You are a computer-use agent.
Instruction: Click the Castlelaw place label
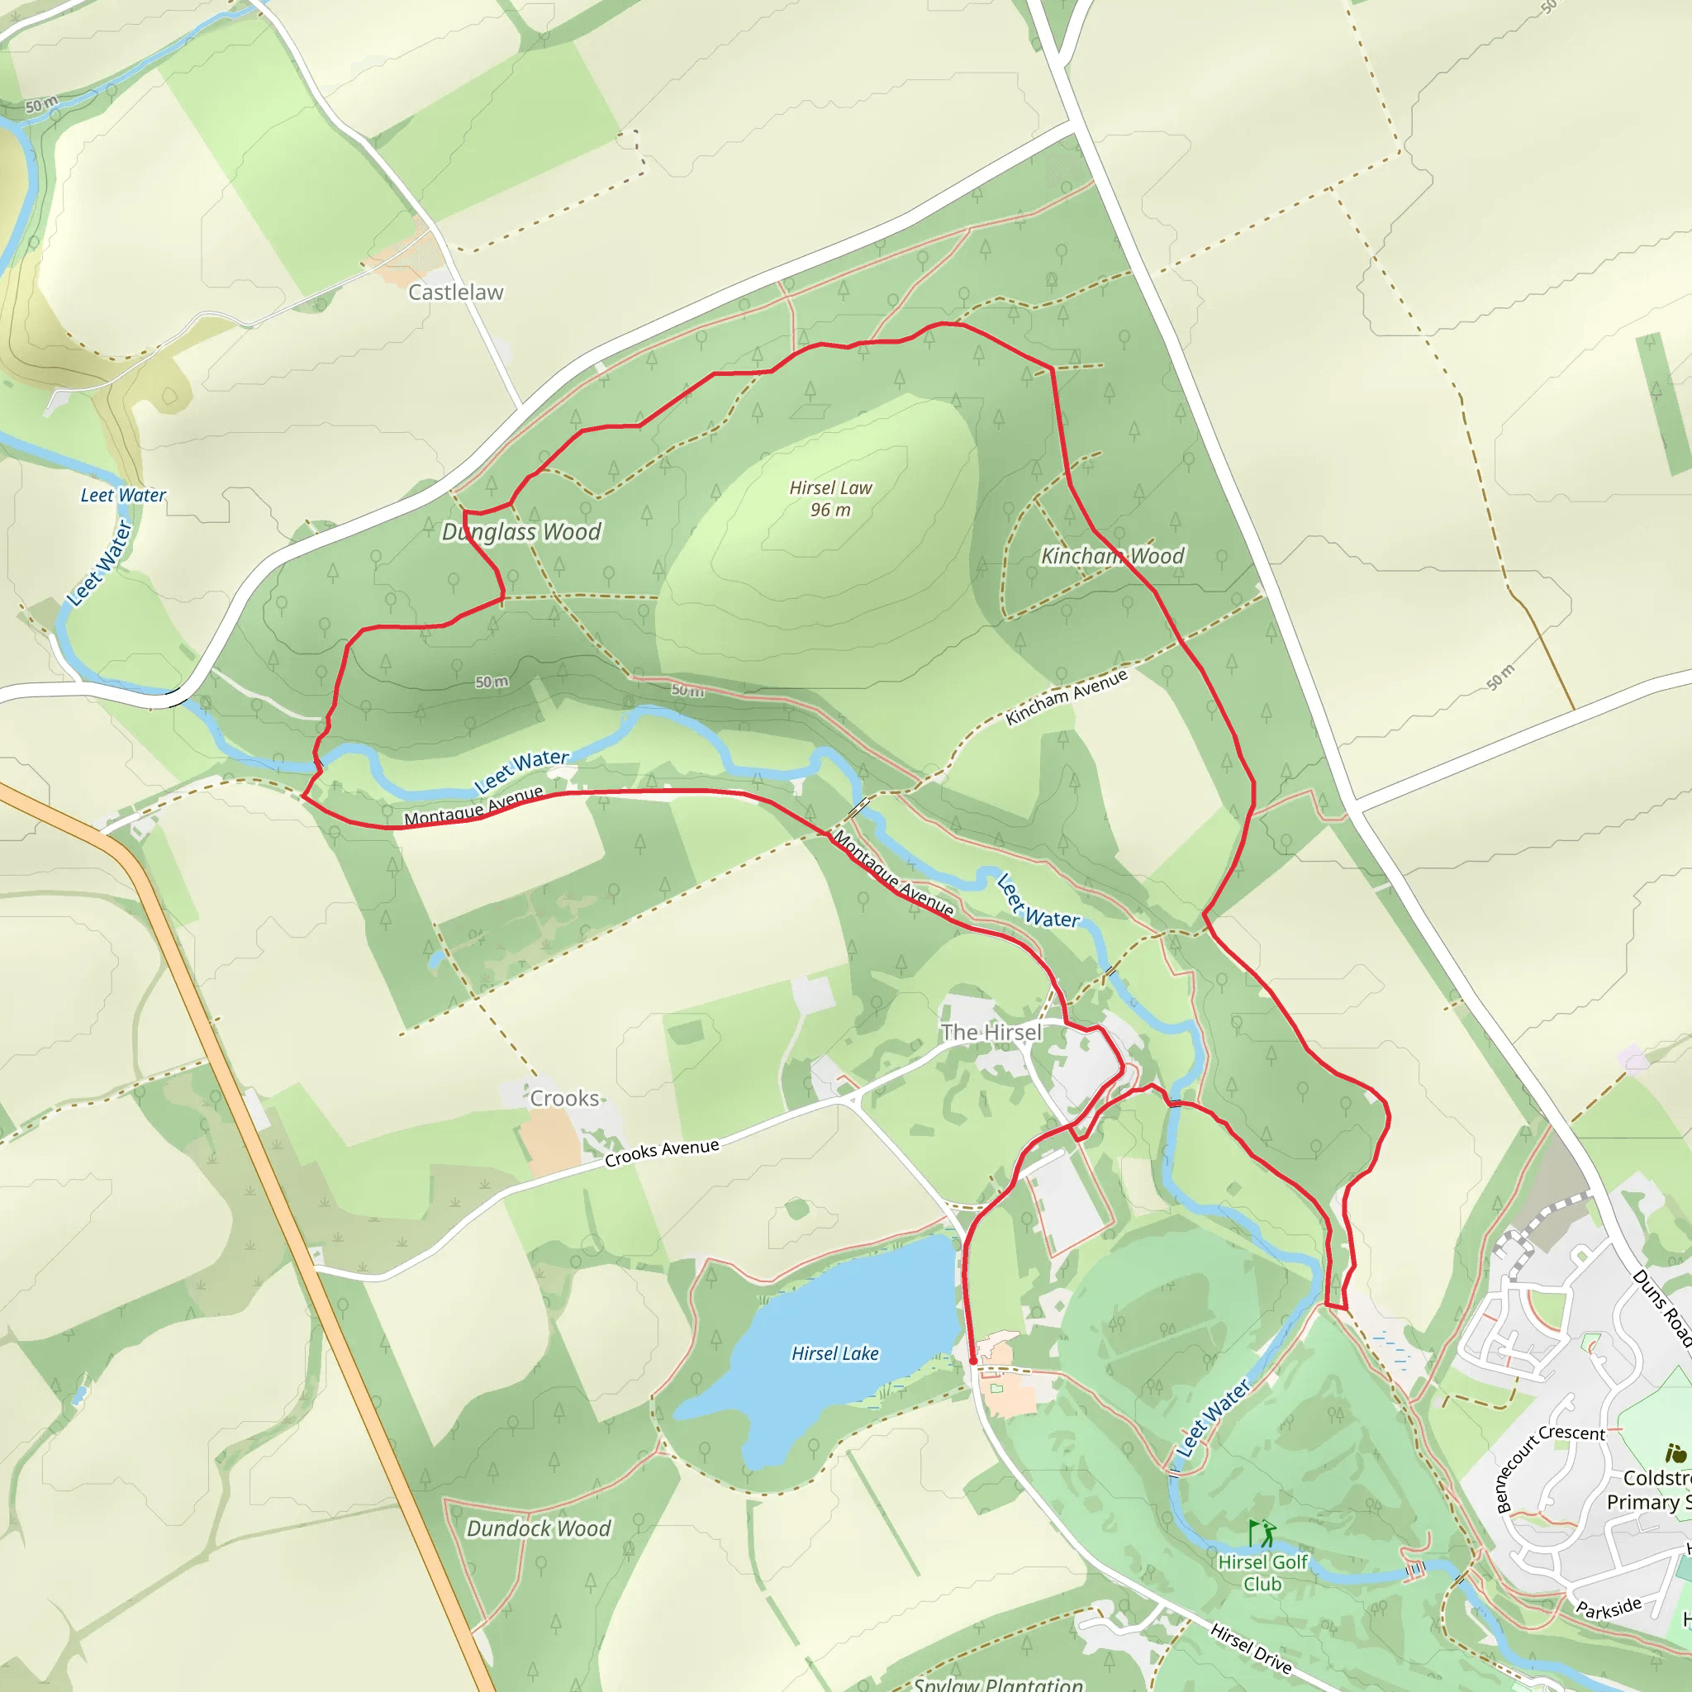[455, 292]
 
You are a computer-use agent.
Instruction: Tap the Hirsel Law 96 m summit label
[830, 498]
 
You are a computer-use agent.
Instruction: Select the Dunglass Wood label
[521, 531]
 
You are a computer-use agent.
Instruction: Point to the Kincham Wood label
[1111, 556]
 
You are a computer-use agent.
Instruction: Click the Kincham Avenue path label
[1066, 697]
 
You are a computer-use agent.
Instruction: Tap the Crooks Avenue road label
[661, 1153]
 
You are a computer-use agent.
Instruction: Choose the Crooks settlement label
[564, 1098]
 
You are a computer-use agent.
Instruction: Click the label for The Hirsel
[991, 1033]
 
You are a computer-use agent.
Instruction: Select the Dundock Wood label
[538, 1528]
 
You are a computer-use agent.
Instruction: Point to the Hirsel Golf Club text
[1262, 1572]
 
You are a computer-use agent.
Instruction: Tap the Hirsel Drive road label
[1251, 1647]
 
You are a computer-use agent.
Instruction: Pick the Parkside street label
[1608, 1608]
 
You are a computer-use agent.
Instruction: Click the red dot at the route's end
[973, 1361]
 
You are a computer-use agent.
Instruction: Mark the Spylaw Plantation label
[997, 1683]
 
